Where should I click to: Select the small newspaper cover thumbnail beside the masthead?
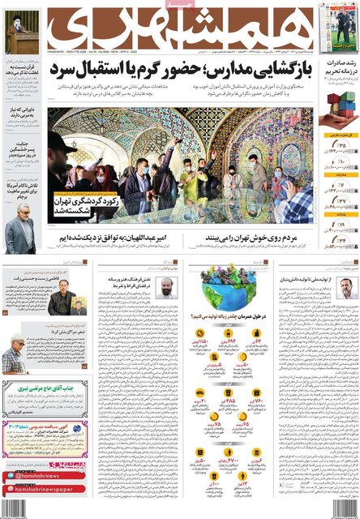click(337, 26)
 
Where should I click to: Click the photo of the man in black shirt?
click(63, 302)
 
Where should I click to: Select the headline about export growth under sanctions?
click(338, 70)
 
